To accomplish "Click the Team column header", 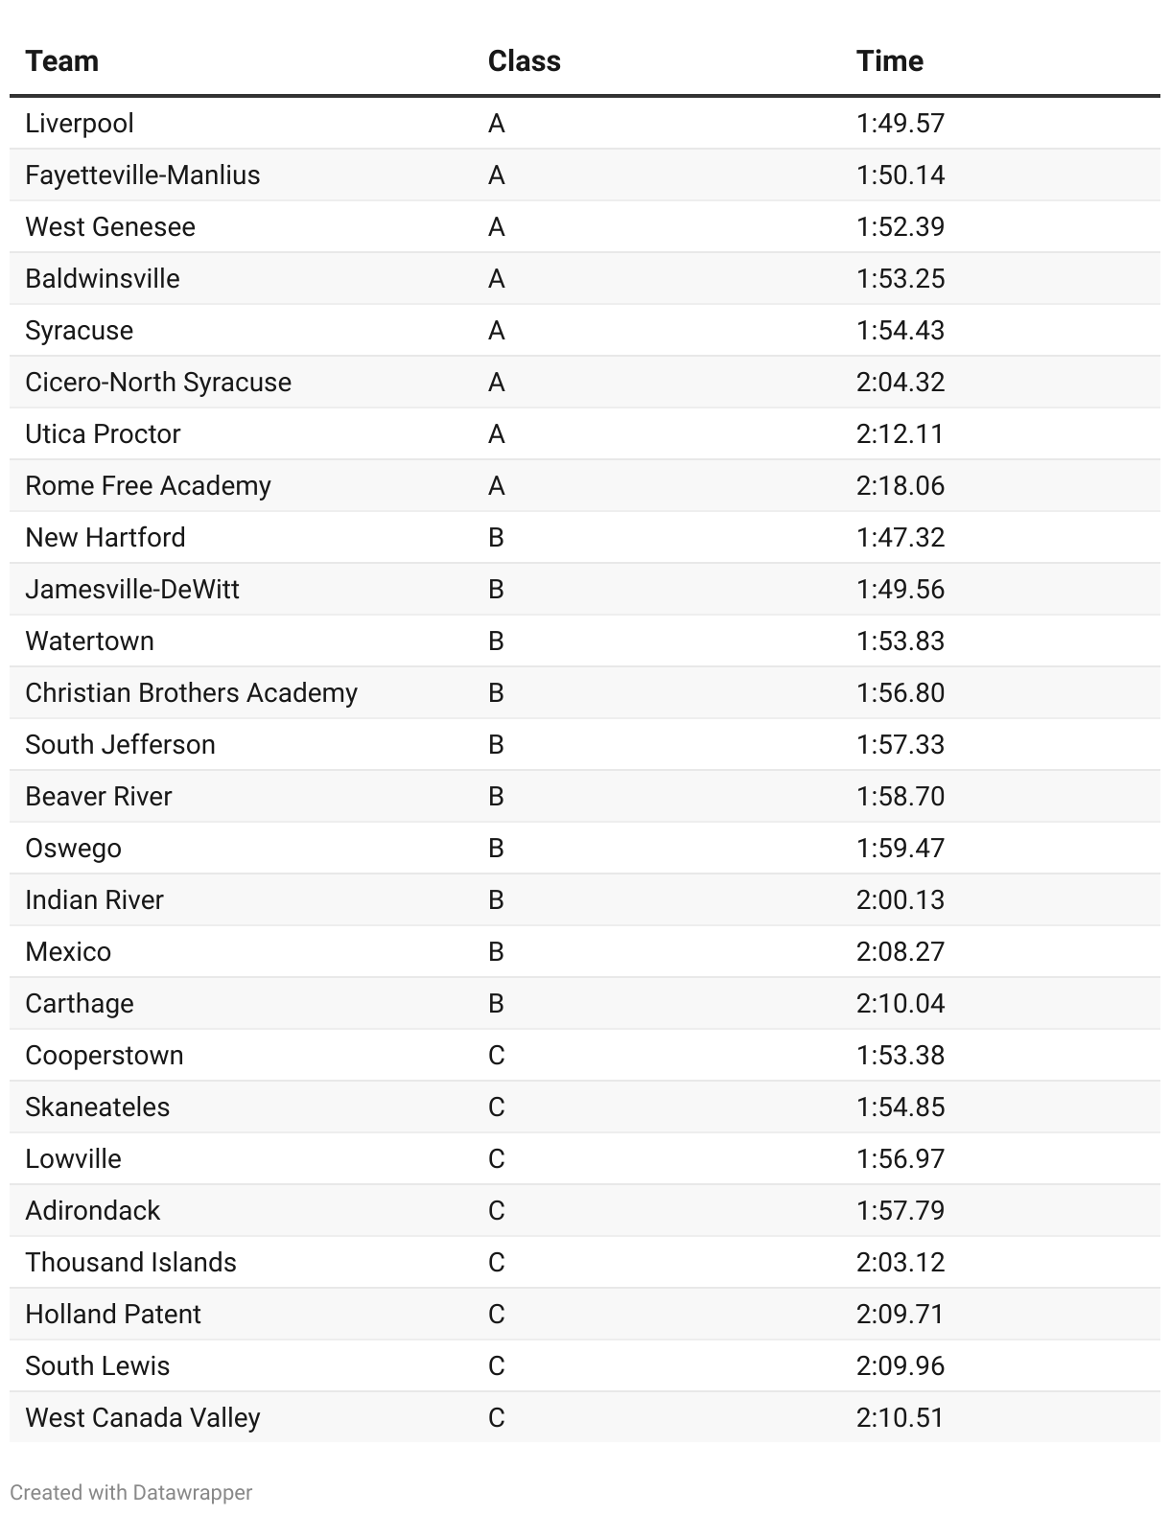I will [x=62, y=61].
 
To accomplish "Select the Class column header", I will [x=524, y=61].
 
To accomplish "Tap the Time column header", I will [x=889, y=61].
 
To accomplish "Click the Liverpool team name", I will [x=80, y=124].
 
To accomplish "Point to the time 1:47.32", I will [x=900, y=538].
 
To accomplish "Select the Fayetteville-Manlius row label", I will [x=143, y=175].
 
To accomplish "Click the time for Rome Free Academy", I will [x=900, y=486].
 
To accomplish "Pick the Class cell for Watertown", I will [x=496, y=641].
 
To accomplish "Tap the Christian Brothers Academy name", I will [x=191, y=693].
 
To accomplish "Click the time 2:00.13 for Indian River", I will [x=900, y=900].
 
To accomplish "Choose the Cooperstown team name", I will [x=105, y=1056].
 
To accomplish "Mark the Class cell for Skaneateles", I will [x=496, y=1107].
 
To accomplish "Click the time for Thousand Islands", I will [x=900, y=1263].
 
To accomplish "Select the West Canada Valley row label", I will [x=143, y=1418].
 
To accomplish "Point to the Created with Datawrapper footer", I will [x=131, y=1493].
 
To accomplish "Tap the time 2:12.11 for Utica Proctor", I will [x=900, y=434].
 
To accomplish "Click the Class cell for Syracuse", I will [x=496, y=331].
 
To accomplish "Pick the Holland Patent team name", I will [x=113, y=1315].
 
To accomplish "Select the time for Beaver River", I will [x=900, y=797].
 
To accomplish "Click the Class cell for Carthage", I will [x=496, y=1004].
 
